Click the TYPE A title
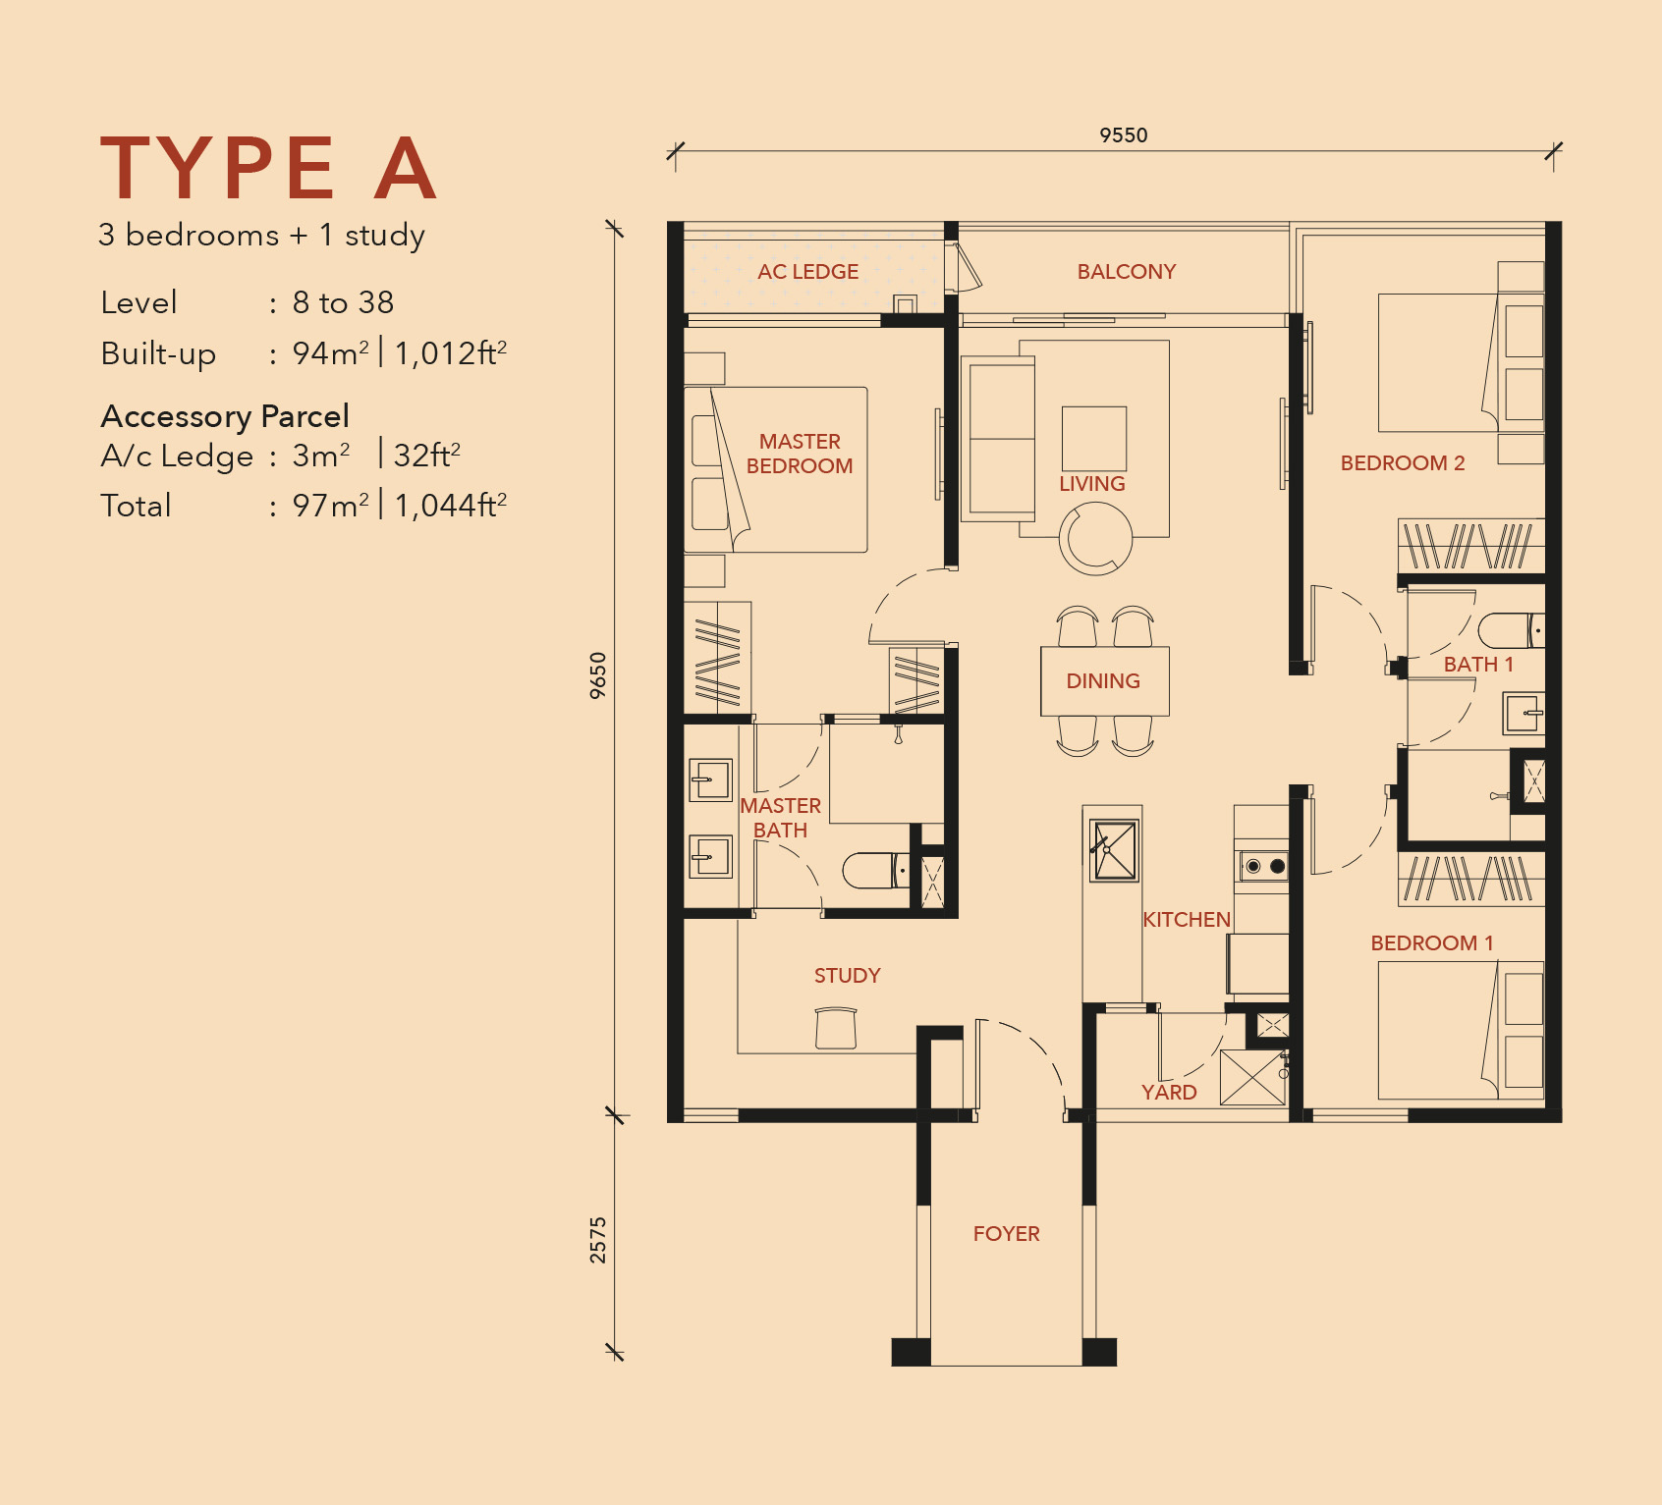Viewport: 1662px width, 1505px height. coord(268,169)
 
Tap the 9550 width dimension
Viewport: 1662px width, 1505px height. coord(1123,135)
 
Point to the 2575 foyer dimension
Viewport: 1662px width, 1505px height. coord(598,1239)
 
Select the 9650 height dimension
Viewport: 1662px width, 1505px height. coord(598,675)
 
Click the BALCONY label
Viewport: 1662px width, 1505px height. coord(1126,272)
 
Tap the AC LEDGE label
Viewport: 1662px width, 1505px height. coord(807,272)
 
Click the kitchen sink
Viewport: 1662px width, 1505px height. coord(1115,850)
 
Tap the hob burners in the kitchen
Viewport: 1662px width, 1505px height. coord(1264,866)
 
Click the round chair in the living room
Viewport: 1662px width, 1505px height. coord(1095,538)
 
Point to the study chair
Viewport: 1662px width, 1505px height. coord(836,1028)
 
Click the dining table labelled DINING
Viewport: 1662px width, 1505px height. coord(1104,681)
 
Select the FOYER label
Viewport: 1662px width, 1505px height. coord(1006,1234)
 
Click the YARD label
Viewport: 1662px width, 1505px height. coord(1169,1093)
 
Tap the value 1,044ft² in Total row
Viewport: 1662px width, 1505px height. coord(451,506)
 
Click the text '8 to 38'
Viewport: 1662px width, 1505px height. coord(343,302)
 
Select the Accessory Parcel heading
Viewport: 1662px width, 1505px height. coord(225,416)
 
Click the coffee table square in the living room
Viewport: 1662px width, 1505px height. coord(1093,438)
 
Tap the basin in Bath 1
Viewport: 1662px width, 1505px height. coord(1523,713)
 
